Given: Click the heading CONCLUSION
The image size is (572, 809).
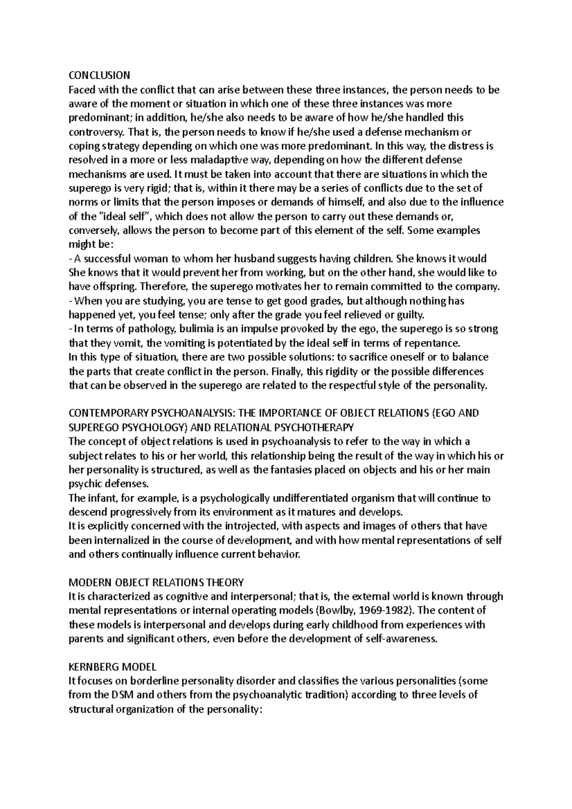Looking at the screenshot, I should point(99,75).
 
